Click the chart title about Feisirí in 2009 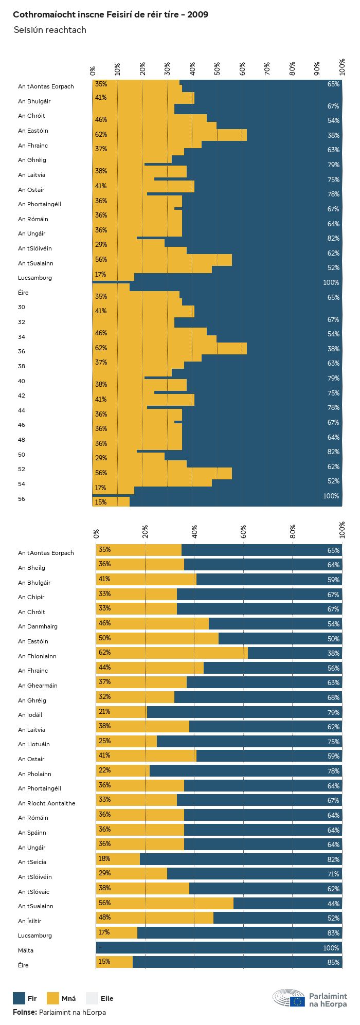coord(111,14)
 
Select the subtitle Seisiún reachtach coord(50,30)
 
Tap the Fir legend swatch coord(19,998)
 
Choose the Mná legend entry coord(61,998)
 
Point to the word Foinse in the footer coord(24,1012)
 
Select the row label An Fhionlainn coord(37,656)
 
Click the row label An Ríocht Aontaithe coord(47,803)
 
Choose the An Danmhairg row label coord(38,626)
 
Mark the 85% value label coord(333,962)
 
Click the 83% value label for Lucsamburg coord(333,933)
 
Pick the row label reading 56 coord(22,499)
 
